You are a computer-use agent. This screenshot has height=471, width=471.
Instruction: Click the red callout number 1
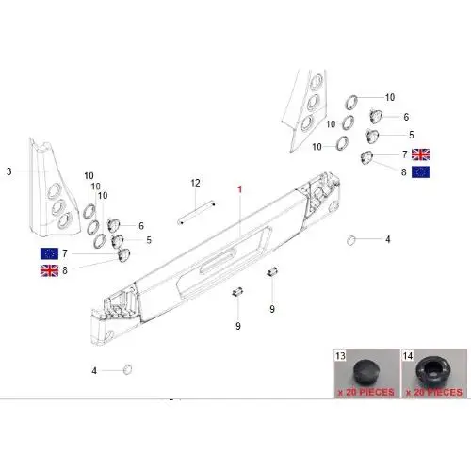pos(240,189)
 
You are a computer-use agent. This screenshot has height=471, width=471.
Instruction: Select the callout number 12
pos(195,183)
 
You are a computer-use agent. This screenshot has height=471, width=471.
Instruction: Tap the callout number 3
pos(9,171)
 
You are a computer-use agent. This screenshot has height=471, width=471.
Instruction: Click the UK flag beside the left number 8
pos(49,270)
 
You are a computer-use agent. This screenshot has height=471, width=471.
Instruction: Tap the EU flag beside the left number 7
pos(49,253)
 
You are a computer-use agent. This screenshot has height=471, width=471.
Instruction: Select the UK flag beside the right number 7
pos(420,154)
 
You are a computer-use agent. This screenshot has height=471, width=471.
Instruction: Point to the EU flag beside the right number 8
pos(420,172)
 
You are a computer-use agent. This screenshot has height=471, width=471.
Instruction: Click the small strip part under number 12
pos(196,213)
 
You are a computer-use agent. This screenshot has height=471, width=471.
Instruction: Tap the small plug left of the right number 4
pos(351,240)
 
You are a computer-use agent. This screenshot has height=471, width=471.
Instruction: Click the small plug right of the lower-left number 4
pos(127,369)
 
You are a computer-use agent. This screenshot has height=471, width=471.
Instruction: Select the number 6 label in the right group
pos(406,117)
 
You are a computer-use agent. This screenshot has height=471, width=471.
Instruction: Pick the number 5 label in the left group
pos(149,240)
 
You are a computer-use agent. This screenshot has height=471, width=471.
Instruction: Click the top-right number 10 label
pos(390,97)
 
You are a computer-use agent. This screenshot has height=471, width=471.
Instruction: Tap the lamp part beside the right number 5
pos(372,137)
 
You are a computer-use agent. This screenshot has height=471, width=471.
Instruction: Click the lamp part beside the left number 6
pos(113,225)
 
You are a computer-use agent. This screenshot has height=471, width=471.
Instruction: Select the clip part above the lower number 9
pos(237,292)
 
